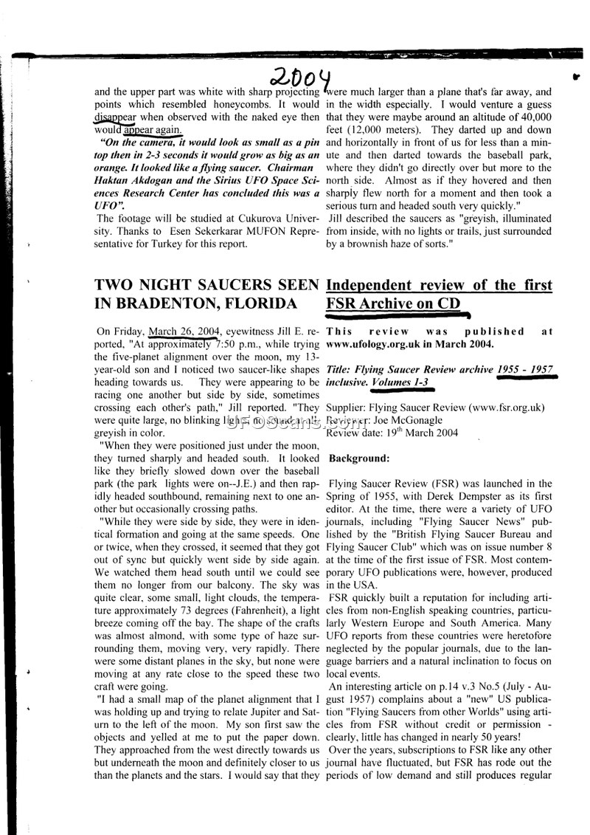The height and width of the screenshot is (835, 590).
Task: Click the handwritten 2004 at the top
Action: [x=303, y=75]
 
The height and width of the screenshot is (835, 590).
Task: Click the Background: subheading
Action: [x=358, y=458]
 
